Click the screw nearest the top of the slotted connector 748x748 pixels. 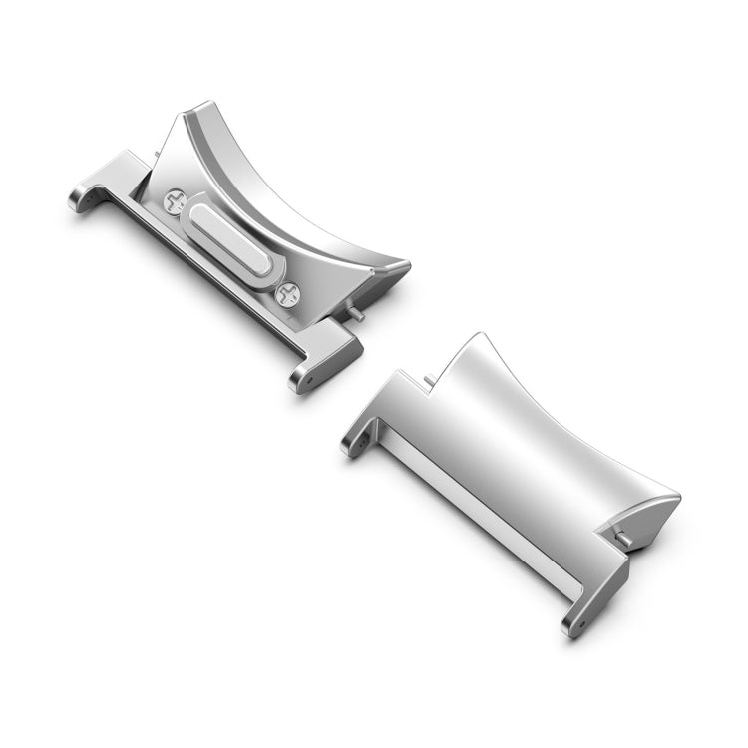pos(175,202)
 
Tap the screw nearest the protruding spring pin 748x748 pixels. pos(288,293)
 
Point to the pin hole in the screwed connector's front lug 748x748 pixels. pos(307,380)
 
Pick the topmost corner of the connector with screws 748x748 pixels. pos(204,104)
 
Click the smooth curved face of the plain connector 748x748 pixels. pos(529,439)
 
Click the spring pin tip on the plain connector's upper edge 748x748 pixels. pos(429,379)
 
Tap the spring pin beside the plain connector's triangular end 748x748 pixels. pos(625,539)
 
